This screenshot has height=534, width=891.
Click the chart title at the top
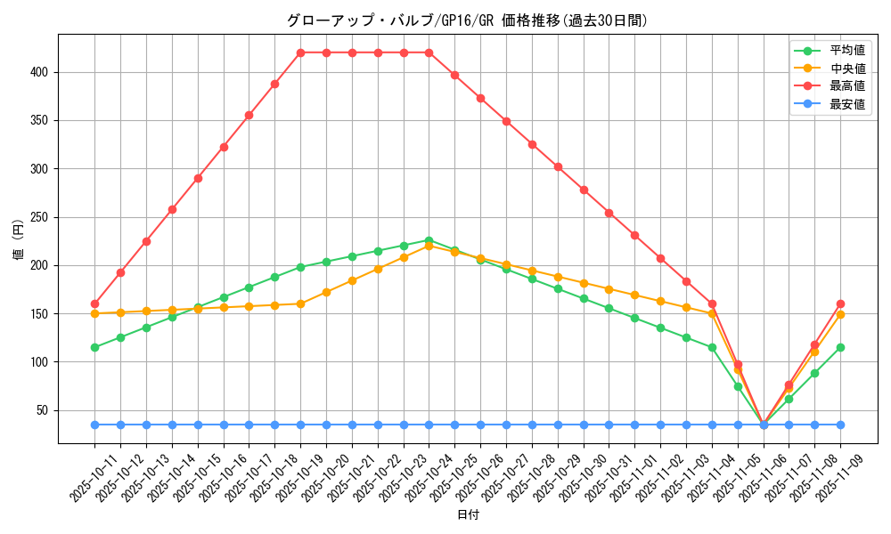click(x=466, y=20)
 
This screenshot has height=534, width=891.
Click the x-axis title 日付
click(x=468, y=515)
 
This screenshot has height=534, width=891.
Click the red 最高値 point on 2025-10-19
click(x=300, y=53)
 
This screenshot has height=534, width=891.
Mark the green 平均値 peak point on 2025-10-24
click(x=429, y=240)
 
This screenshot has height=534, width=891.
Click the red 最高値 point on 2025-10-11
click(x=94, y=303)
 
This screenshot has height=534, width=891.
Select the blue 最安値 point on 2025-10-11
click(x=94, y=425)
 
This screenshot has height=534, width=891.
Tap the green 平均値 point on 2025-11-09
click(x=840, y=347)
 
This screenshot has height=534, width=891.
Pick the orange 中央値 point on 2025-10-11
click(x=94, y=313)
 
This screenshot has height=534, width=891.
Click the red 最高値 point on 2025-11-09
click(x=840, y=303)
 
